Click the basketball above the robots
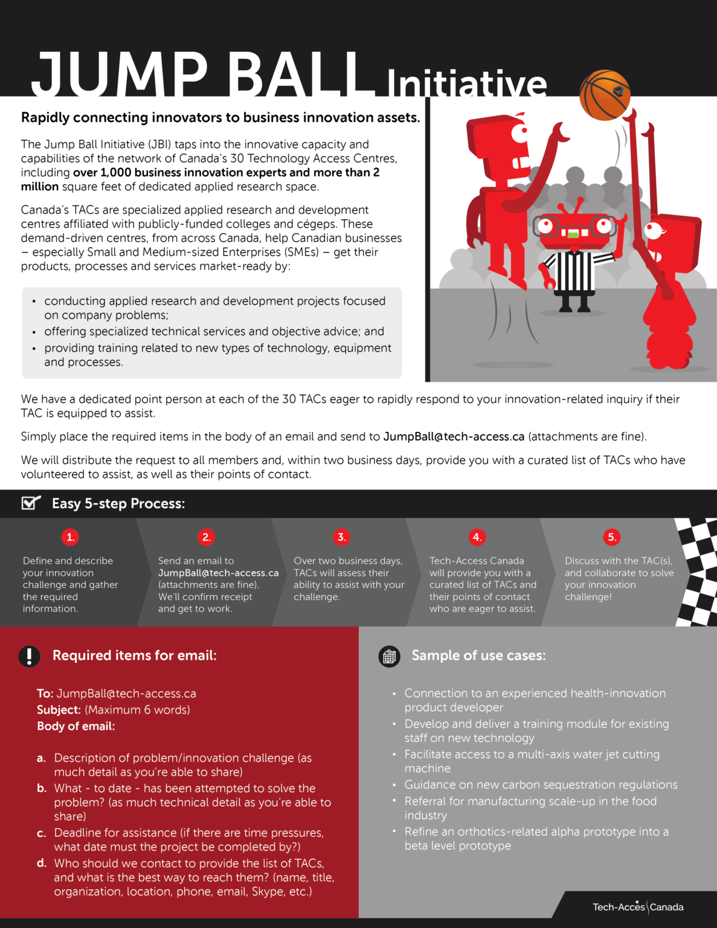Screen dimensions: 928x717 (x=605, y=95)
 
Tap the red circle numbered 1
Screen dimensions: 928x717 (x=70, y=537)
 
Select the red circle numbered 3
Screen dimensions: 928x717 (x=341, y=537)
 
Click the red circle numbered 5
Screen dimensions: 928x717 (x=611, y=537)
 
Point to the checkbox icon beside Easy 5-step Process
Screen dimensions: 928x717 (x=30, y=503)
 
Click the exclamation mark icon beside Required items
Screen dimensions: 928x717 (x=29, y=656)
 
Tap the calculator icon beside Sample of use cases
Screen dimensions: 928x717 (x=390, y=656)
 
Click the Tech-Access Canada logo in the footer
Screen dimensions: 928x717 (x=638, y=907)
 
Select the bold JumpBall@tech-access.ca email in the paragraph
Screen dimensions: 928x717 (x=454, y=437)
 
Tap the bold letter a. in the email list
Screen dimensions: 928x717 (x=41, y=758)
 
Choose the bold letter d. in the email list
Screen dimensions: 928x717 (x=42, y=863)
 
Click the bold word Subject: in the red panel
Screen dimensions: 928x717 (x=59, y=710)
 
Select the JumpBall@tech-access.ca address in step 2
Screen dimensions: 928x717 (x=218, y=573)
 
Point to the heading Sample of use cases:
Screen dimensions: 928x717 (x=478, y=656)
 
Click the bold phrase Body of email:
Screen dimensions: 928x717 (x=76, y=726)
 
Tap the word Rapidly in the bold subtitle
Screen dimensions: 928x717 (x=45, y=118)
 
